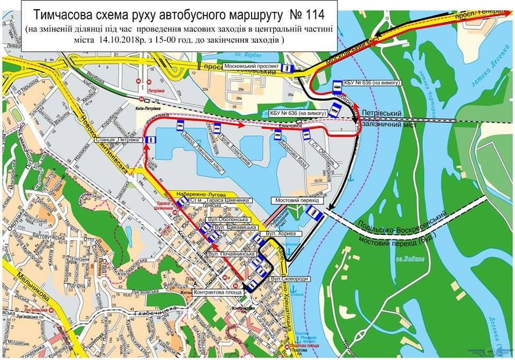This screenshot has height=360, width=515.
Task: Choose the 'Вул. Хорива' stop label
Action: (275, 234)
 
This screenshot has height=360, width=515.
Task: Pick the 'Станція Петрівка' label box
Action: (118, 140)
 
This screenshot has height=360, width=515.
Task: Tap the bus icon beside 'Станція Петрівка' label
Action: (150, 140)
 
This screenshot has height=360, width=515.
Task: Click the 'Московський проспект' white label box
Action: (252, 67)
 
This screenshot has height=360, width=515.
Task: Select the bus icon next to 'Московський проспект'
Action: (287, 68)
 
